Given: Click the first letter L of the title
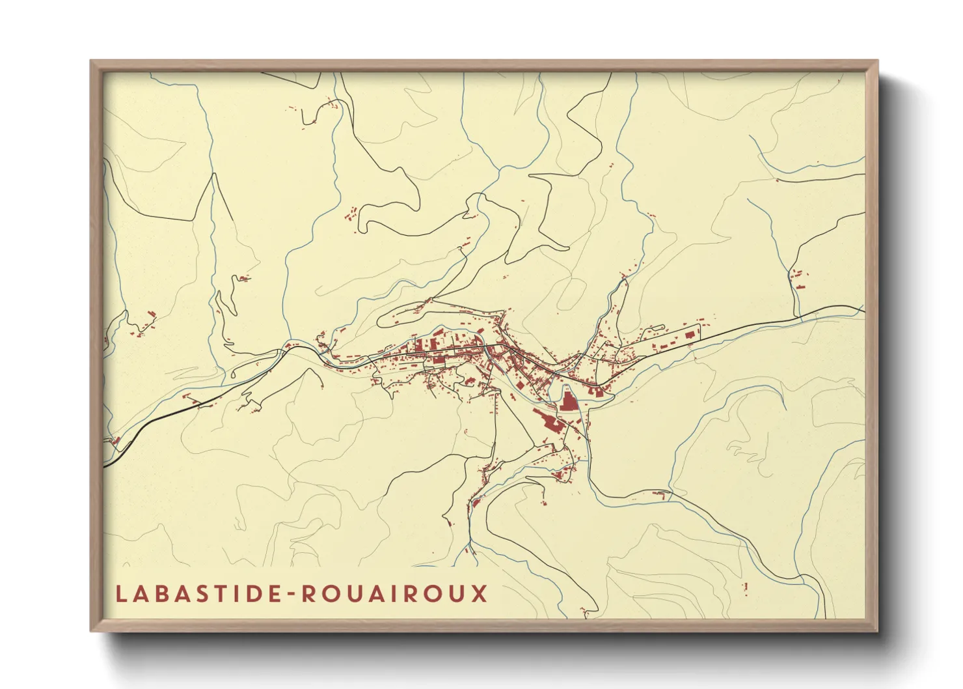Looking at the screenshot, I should click(x=121, y=594).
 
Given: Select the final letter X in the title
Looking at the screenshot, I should click(x=480, y=594).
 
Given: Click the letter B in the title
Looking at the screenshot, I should click(x=159, y=594).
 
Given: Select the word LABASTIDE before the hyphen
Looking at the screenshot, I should click(x=197, y=594).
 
